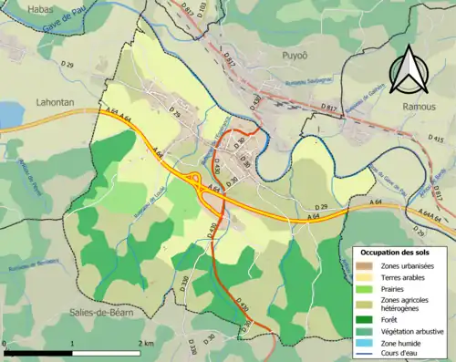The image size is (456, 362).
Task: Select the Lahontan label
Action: coord(52,102)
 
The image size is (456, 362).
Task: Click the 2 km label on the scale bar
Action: coord(144,343)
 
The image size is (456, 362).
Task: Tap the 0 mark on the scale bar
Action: coord(5,343)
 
